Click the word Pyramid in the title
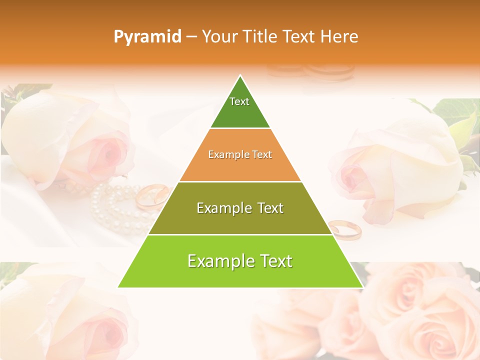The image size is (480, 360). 147,37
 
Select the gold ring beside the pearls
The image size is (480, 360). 151,195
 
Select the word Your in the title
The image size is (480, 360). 220,36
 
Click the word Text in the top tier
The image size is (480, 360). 239,101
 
